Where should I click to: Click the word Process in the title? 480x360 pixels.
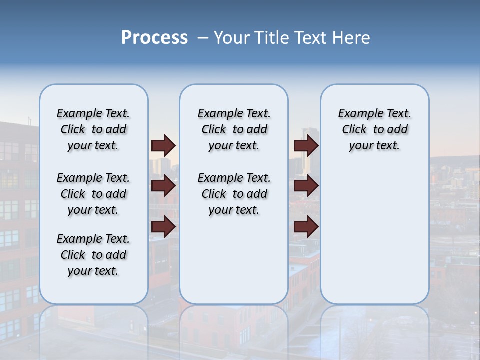pos(154,38)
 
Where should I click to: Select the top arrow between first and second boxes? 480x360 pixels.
pos(163,145)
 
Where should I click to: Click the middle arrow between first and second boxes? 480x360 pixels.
pos(163,186)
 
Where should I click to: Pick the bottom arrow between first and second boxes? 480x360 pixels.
pos(163,227)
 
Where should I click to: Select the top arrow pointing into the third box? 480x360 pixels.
pos(306,145)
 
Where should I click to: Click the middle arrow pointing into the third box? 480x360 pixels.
pos(306,186)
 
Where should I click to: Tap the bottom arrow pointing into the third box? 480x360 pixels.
pos(306,227)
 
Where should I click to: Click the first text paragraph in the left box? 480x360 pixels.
pos(93,129)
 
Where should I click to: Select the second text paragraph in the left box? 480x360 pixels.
pos(93,194)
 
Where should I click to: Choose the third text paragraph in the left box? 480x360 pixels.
pos(93,255)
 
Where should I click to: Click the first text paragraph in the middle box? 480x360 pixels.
pos(234,129)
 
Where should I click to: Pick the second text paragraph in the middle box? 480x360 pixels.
pos(234,194)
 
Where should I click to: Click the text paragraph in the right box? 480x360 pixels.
pos(374,129)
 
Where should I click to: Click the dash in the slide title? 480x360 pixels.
pos(203,38)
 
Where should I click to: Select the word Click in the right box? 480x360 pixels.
pos(354,130)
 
